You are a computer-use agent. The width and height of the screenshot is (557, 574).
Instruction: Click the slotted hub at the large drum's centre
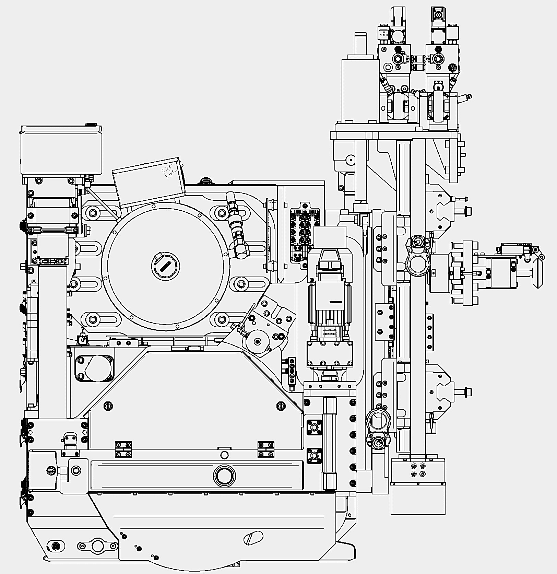pyautogui.click(x=165, y=266)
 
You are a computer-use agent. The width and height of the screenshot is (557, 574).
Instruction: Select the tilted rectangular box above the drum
pyautogui.click(x=148, y=183)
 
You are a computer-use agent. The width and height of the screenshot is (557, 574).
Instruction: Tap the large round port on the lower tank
pyautogui.click(x=224, y=476)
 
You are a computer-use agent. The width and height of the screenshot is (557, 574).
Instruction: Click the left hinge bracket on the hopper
pyautogui.click(x=123, y=449)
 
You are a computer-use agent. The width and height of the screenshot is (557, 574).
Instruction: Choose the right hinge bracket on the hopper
pyautogui.click(x=266, y=449)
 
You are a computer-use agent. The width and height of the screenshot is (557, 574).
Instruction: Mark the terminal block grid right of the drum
pyautogui.click(x=301, y=235)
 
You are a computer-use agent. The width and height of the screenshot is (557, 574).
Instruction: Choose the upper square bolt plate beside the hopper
pyautogui.click(x=314, y=427)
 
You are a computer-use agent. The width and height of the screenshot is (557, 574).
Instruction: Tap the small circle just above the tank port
pyautogui.click(x=224, y=455)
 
